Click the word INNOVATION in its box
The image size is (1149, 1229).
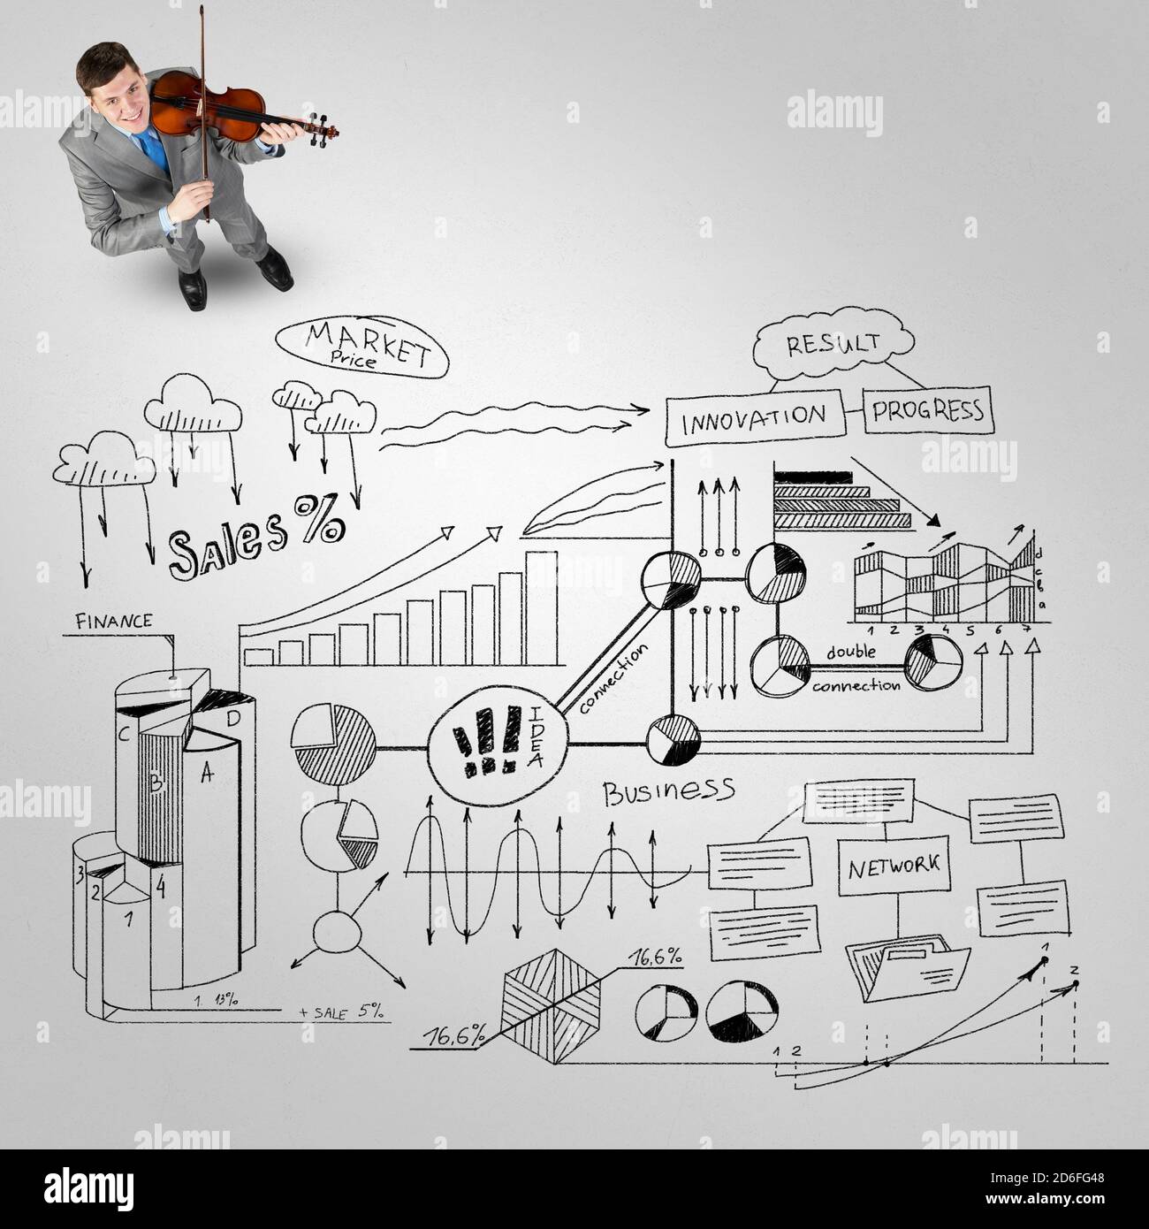pos(754,416)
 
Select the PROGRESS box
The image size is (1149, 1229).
pos(927,410)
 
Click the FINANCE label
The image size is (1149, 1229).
pos(113,621)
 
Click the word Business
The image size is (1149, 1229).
pos(668,790)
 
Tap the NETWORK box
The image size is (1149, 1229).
pos(894,865)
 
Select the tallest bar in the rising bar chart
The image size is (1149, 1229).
pos(541,607)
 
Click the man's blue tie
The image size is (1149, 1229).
pos(156,149)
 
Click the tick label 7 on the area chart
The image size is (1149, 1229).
pos(1026,630)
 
